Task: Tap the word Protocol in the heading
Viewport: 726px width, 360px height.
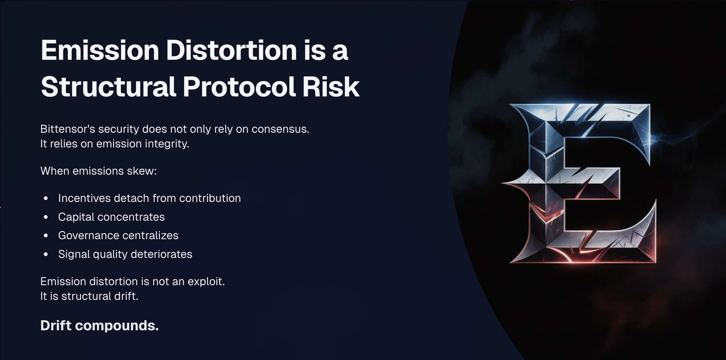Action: click(239, 87)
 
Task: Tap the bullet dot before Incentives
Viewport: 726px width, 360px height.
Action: click(46, 198)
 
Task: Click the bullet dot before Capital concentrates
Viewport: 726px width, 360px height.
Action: click(46, 217)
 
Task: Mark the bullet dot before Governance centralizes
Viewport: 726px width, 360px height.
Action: click(46, 235)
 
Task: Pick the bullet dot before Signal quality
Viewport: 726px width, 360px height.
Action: click(46, 254)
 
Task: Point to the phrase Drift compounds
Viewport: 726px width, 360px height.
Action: click(100, 326)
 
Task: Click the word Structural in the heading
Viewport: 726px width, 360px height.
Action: click(108, 87)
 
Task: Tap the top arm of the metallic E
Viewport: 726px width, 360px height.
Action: click(595, 121)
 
